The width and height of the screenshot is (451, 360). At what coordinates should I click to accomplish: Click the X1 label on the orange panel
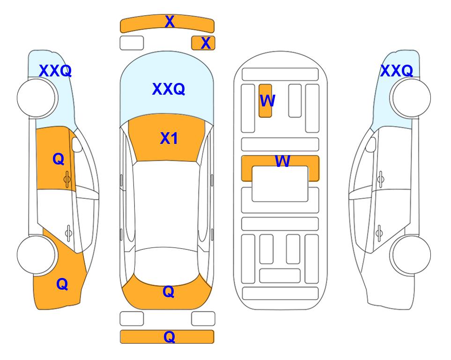[169, 138]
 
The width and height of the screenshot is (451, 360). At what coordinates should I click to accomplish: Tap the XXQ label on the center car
[169, 89]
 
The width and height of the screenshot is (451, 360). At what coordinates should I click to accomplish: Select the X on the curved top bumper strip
[170, 21]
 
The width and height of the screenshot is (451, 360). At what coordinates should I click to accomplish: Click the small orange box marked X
[203, 43]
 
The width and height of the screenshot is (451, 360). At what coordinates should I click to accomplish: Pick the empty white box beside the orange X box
[132, 43]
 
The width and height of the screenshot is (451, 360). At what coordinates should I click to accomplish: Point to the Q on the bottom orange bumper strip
[169, 337]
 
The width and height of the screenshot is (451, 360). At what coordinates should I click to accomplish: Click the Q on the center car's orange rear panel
[169, 292]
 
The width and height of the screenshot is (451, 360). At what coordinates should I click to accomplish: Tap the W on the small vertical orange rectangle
[267, 100]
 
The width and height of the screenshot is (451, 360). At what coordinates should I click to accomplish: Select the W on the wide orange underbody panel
[282, 161]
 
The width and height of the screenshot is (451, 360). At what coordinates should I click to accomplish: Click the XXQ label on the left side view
[55, 71]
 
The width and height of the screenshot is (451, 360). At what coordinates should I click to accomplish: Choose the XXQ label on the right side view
[397, 71]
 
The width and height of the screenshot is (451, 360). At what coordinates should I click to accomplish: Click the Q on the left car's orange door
[59, 159]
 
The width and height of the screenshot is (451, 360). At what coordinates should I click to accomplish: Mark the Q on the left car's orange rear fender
[62, 284]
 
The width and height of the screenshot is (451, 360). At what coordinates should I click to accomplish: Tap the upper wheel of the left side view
[36, 98]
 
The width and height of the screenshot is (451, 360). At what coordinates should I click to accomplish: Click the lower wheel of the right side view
[411, 255]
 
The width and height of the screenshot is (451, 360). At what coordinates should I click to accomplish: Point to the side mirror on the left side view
[77, 144]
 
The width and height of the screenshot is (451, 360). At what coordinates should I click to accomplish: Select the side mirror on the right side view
[370, 144]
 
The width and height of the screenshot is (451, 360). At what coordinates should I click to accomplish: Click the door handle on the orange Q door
[67, 179]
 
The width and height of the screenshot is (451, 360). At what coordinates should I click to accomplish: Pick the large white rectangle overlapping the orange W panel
[280, 184]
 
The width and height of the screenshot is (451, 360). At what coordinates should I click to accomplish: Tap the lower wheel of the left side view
[36, 255]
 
